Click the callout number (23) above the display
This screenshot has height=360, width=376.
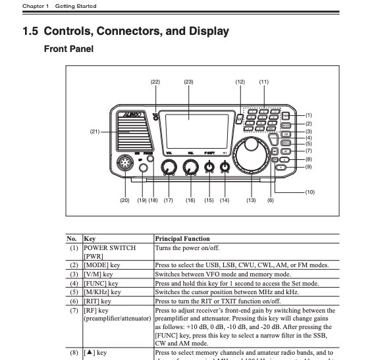pyautogui.click(x=188, y=82)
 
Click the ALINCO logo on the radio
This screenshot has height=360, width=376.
pyautogui.click(x=131, y=113)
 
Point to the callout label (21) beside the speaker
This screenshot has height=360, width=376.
pyautogui.click(x=95, y=132)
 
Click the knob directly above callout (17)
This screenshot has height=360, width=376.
pyautogui.click(x=169, y=170)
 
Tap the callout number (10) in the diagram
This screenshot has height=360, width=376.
pyautogui.click(x=309, y=192)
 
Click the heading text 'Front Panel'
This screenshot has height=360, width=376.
pyautogui.click(x=68, y=49)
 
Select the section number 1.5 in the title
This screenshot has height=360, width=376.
pyautogui.click(x=31, y=31)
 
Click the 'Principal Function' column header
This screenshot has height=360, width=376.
pyautogui.click(x=182, y=238)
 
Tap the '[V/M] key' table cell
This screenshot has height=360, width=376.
pyautogui.click(x=98, y=274)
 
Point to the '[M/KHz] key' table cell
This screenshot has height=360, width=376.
pyautogui.click(x=102, y=292)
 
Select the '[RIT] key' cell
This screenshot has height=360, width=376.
pyautogui.click(x=98, y=301)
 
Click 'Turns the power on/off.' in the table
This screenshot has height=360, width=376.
pyautogui.click(x=187, y=248)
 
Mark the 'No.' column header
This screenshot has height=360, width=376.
pyautogui.click(x=72, y=238)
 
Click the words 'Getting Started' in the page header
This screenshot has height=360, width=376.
pyautogui.click(x=76, y=6)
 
